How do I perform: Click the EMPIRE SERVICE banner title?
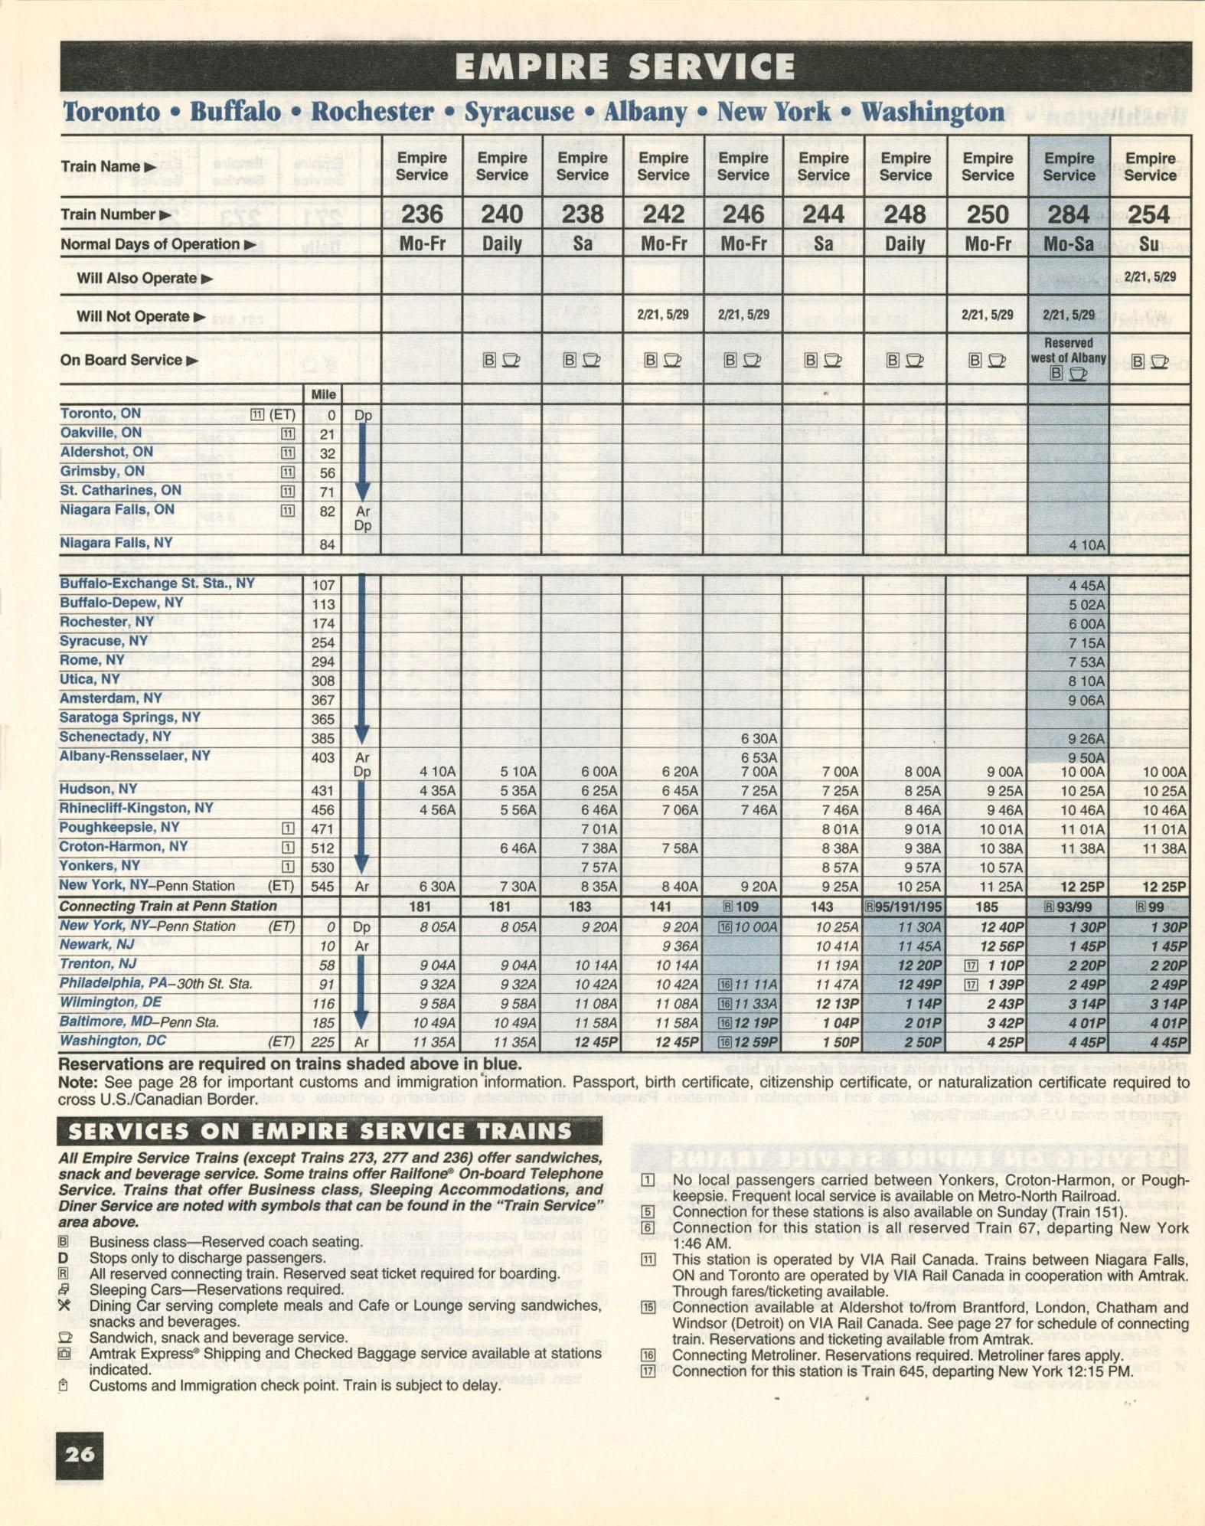(625, 67)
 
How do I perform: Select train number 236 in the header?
(422, 214)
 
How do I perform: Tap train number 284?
(1069, 214)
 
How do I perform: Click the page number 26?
(80, 1454)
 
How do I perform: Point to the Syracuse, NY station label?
(103, 641)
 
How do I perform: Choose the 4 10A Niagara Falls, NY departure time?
(1086, 545)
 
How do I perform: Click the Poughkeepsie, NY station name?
(119, 828)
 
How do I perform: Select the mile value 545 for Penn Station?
(322, 887)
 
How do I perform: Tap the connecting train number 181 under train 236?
(420, 907)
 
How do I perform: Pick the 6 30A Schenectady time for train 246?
(759, 738)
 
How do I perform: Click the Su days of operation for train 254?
(1149, 244)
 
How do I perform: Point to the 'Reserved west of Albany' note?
(1069, 351)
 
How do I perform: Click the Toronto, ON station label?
(100, 413)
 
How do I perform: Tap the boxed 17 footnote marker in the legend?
(648, 1370)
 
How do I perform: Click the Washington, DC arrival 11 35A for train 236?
(435, 1041)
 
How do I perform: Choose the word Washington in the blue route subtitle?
(932, 112)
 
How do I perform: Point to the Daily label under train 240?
(501, 244)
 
